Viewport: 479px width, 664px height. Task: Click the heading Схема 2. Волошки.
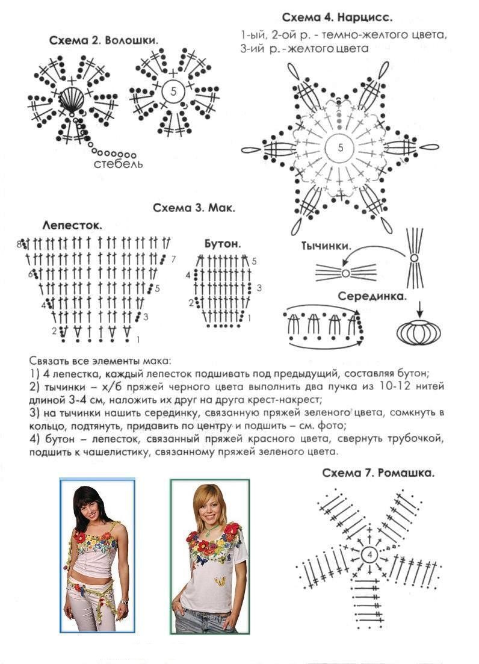(x=104, y=41)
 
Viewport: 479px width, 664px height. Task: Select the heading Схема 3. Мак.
(x=193, y=209)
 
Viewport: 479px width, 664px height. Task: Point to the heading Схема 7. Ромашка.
(x=378, y=473)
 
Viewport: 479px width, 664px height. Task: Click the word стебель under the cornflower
(x=118, y=164)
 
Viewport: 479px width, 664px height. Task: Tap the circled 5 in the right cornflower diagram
(x=173, y=93)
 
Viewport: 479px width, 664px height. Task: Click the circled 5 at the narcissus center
(x=341, y=148)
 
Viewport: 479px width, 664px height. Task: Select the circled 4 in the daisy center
(x=369, y=554)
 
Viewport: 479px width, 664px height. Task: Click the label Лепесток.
(x=72, y=226)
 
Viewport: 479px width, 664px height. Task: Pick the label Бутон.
(x=223, y=244)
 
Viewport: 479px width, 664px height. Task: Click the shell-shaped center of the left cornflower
(x=71, y=99)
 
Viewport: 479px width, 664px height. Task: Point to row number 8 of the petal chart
(x=19, y=244)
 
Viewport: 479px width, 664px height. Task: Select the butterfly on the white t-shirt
(x=220, y=582)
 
